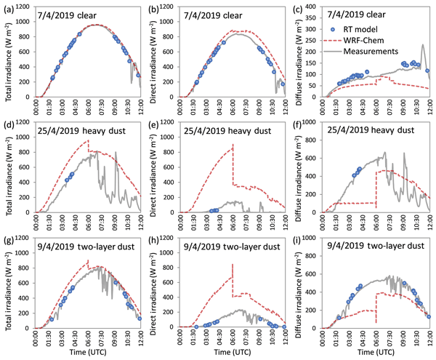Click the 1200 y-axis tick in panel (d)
[24, 123]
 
